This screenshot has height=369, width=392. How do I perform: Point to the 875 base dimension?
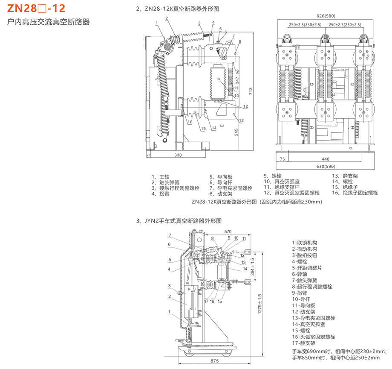(214, 361)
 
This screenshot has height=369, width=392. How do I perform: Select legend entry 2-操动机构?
(304, 249)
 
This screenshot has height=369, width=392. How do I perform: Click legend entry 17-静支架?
(304, 343)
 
